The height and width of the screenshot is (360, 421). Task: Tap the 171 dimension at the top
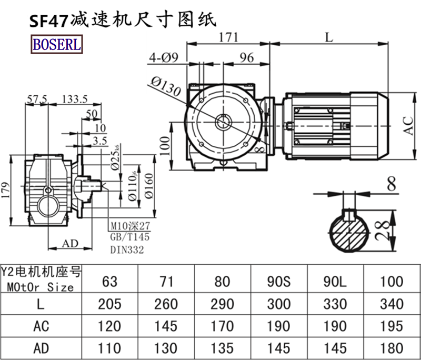click(228, 37)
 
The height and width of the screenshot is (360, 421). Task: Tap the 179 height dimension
click(6, 188)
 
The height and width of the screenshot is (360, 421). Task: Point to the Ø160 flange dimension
click(149, 186)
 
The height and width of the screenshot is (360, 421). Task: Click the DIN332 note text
click(127, 251)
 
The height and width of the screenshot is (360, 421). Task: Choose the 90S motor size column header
click(278, 282)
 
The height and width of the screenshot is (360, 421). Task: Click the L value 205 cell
click(110, 304)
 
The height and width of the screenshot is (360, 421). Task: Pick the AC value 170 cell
click(222, 326)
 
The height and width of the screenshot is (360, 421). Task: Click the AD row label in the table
click(41, 348)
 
